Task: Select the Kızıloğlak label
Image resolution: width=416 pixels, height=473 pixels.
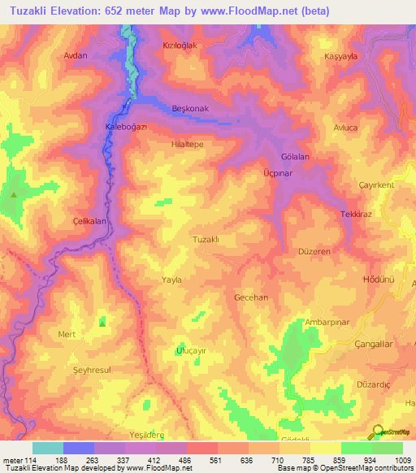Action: coord(180,46)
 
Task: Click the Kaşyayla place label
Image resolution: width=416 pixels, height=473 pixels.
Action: coord(341,59)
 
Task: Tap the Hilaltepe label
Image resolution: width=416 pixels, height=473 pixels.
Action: coord(188,141)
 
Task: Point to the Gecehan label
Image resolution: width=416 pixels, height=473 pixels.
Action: coord(250,297)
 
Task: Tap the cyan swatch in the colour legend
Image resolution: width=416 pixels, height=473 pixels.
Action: coord(48,448)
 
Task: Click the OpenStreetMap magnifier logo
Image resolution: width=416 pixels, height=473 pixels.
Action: coord(376,432)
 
